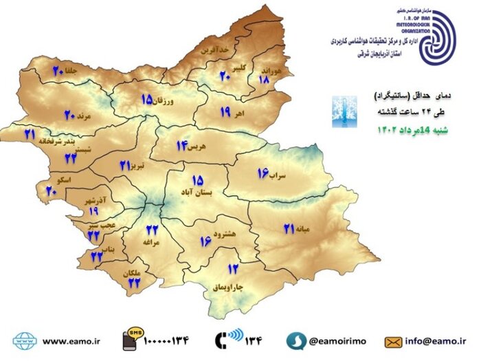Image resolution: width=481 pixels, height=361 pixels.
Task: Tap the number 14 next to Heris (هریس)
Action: tap(182, 145)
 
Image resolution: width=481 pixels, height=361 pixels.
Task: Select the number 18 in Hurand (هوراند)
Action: tap(264, 79)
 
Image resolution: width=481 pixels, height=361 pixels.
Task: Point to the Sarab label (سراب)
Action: tap(276, 177)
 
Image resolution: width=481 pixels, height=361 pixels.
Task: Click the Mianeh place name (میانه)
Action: tap(304, 228)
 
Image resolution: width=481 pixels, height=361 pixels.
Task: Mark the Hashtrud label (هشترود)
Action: tap(225, 234)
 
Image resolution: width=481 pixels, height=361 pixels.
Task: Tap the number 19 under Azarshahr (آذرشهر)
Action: tap(93, 211)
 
